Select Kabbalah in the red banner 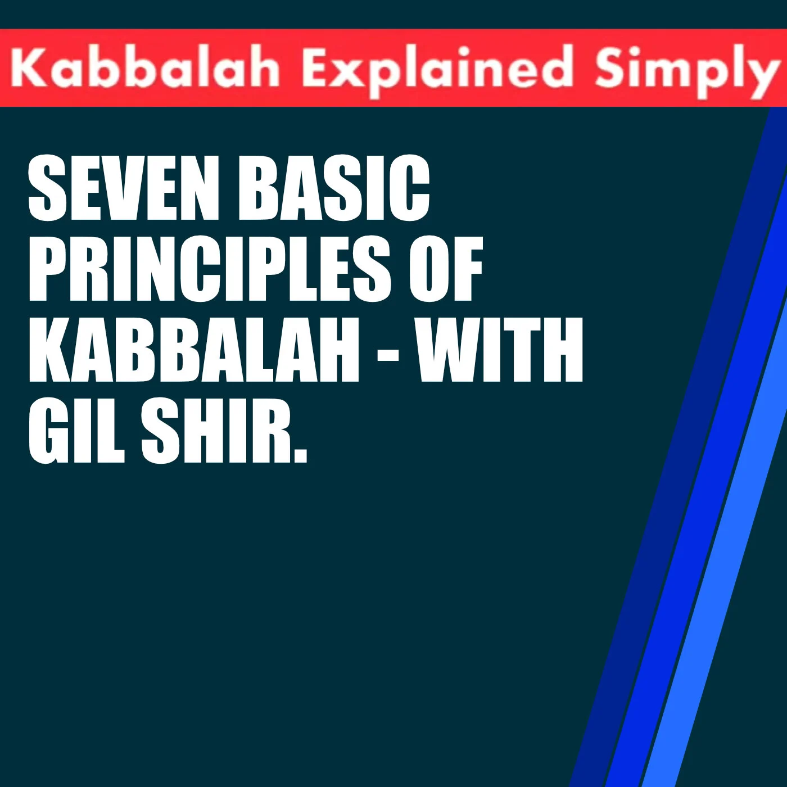click(145, 68)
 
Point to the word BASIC click(334, 188)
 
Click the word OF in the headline click(446, 269)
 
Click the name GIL click(76, 431)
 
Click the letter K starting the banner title click(25, 68)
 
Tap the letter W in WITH click(450, 350)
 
